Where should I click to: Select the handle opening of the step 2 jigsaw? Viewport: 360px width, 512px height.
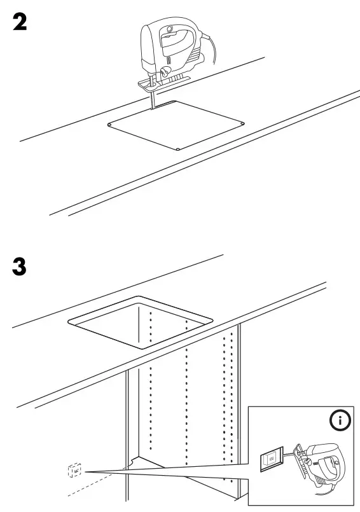[176, 45]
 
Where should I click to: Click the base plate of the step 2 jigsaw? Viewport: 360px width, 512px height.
[162, 80]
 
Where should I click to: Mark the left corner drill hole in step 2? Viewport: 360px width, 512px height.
[109, 124]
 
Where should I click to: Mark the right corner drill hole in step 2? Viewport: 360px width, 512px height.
[243, 122]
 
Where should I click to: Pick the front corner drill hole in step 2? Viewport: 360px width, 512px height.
[178, 150]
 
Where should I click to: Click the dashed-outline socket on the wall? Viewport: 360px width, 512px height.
[73, 471]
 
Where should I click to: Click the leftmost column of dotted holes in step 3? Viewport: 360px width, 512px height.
[150, 382]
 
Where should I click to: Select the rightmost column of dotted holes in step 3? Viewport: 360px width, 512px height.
[225, 394]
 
